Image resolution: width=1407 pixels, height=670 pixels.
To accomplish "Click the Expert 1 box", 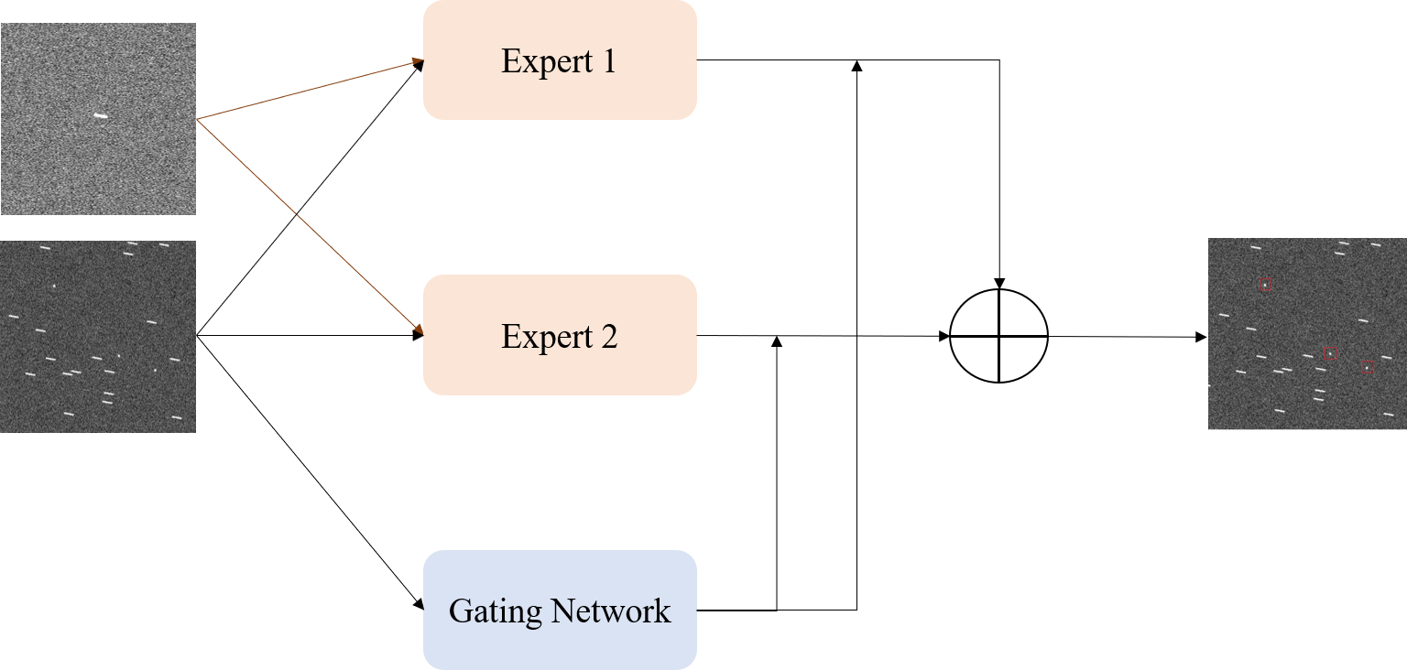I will (x=560, y=60).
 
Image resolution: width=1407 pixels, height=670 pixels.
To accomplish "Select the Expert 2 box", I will (x=560, y=335).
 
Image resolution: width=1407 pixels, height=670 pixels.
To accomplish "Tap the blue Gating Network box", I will (x=560, y=610).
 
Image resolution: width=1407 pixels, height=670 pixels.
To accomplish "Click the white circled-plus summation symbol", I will (x=998, y=335).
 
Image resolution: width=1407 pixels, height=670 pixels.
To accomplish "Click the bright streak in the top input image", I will (x=100, y=116).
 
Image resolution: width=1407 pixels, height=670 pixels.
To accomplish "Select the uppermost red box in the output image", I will (x=1265, y=285).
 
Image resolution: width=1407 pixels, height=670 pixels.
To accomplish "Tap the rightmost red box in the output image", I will (x=1367, y=366).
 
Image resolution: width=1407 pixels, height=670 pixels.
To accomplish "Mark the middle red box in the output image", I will (x=1330, y=353).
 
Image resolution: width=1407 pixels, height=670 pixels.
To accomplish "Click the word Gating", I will (x=485, y=611).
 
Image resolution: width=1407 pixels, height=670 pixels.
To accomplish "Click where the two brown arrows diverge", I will (x=198, y=119).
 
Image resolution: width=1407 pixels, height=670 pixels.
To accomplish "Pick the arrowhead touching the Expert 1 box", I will (x=416, y=63).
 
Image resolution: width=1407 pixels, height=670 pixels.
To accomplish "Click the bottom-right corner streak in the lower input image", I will (x=177, y=417).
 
